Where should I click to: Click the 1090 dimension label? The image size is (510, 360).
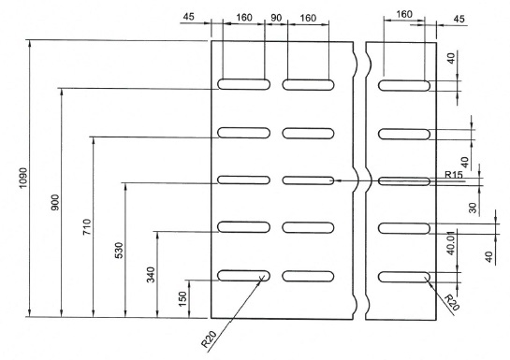[x=23, y=178]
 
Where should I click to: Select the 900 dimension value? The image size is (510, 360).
[x=55, y=202]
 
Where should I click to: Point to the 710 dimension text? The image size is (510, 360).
[x=87, y=227]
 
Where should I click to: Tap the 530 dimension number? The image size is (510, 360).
[x=120, y=251]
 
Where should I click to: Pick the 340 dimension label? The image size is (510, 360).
[x=151, y=275]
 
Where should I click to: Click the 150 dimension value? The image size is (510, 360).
[x=182, y=299]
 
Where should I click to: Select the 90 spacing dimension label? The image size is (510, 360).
[x=276, y=18]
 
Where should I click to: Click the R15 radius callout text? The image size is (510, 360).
[x=454, y=175]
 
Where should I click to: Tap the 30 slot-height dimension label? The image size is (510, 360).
[x=473, y=208]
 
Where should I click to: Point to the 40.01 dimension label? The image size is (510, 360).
[x=451, y=243]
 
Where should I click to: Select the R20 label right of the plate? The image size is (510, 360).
[x=452, y=302]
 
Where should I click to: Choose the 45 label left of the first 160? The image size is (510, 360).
[x=188, y=17]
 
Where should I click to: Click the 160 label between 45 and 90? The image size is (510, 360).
[x=244, y=17]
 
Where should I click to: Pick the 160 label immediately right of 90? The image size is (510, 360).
[x=308, y=18]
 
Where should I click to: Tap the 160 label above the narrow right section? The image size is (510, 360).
[x=404, y=14]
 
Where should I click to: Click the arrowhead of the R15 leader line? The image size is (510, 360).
[x=337, y=180]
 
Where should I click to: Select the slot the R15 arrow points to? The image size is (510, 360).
[x=308, y=180]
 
